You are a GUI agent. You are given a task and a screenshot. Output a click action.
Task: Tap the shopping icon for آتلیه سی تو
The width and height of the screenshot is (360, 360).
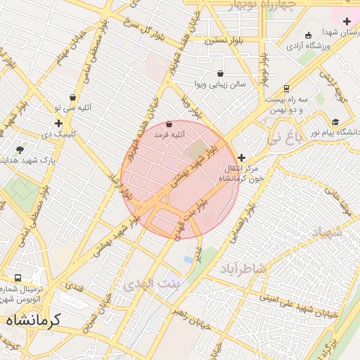[74, 98]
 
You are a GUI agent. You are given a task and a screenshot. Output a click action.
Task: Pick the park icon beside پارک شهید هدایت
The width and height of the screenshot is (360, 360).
[20, 149]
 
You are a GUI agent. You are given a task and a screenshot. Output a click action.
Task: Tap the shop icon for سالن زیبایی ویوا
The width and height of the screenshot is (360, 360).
[221, 73]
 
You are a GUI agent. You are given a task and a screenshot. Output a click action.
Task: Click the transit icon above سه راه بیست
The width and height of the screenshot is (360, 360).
[286, 89]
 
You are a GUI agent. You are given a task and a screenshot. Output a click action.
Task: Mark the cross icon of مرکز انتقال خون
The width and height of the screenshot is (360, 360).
[243, 158]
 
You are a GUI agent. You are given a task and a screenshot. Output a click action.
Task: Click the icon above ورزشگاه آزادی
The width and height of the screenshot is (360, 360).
[308, 36]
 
